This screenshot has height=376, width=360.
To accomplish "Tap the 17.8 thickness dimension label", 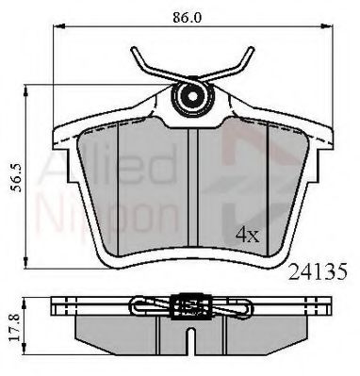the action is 15,327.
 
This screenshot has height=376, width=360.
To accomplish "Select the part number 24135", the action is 318,271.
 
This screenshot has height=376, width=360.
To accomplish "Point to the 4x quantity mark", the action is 248,235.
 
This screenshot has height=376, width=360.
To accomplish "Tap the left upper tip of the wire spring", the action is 133,49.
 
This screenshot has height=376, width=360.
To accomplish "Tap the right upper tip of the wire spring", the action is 252,49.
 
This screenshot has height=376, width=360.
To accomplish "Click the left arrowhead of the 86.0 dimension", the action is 59,26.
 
